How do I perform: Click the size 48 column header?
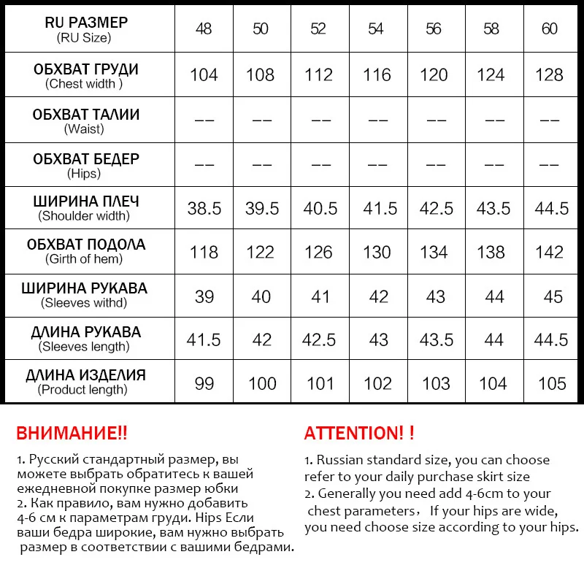coord(204,28)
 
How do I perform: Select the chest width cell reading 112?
coord(319,74)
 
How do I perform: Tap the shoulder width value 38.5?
coord(204,209)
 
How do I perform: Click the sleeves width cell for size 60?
coord(553,296)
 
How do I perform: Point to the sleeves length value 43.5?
coord(436,340)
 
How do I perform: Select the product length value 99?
coord(204,383)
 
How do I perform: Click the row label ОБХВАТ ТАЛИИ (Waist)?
coord(86,121)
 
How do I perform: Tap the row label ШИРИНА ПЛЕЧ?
coord(86,201)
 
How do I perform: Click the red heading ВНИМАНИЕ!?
coord(72,433)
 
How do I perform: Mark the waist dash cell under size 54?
coord(377,120)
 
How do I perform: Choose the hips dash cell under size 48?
coord(204,164)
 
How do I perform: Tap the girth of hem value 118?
coord(204,253)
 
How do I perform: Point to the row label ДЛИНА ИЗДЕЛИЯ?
coord(86,376)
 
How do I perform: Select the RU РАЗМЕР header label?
coord(86,23)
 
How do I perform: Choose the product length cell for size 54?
coord(377,383)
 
